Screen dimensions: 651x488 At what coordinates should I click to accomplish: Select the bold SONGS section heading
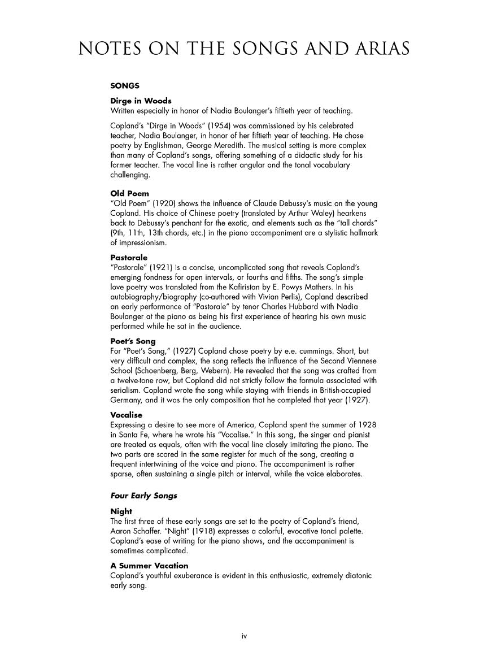pyautogui.click(x=125, y=86)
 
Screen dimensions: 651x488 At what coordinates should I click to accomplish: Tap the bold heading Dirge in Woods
pyautogui.click(x=141, y=101)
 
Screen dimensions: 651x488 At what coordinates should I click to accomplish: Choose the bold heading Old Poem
pyautogui.click(x=130, y=193)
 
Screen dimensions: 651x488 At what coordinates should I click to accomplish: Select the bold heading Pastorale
pyautogui.click(x=129, y=257)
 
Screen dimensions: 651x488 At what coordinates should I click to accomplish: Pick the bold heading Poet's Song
pyautogui.click(x=133, y=341)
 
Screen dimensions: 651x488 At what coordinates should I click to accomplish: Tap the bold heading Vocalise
pyautogui.click(x=127, y=414)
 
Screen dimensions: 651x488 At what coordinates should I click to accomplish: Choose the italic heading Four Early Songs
pyautogui.click(x=143, y=496)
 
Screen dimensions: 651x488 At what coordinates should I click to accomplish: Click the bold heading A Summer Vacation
pyautogui.click(x=150, y=566)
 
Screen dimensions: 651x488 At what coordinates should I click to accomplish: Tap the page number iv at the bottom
pyautogui.click(x=244, y=636)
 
